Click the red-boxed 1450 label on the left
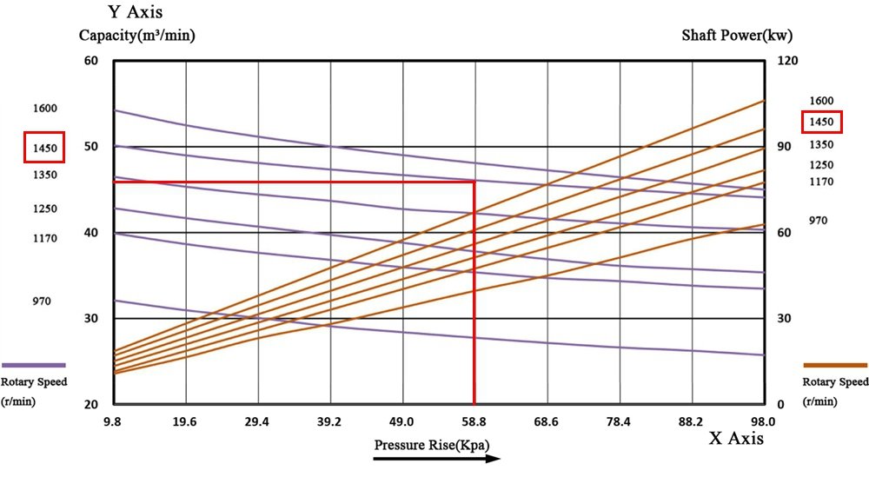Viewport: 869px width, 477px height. pyautogui.click(x=45, y=149)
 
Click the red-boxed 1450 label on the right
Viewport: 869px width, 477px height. pyautogui.click(x=821, y=123)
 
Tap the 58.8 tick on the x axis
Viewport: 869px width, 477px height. pyautogui.click(x=474, y=421)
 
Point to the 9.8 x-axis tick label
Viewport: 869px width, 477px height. pyautogui.click(x=113, y=421)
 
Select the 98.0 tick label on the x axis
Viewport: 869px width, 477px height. pyautogui.click(x=763, y=421)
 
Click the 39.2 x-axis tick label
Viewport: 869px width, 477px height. pyautogui.click(x=329, y=421)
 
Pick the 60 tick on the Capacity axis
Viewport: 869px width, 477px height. pyautogui.click(x=91, y=61)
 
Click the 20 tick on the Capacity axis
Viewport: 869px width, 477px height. pyautogui.click(x=91, y=405)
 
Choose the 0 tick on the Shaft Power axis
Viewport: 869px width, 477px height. pyautogui.click(x=779, y=405)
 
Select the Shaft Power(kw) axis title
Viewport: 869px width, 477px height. pyautogui.click(x=737, y=36)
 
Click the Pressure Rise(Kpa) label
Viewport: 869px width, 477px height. pyautogui.click(x=432, y=445)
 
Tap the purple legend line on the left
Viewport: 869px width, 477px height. pyautogui.click(x=34, y=366)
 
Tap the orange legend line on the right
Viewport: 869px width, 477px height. pyautogui.click(x=835, y=366)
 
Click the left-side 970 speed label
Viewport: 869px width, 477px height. pyautogui.click(x=41, y=301)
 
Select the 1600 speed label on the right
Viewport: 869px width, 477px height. pyautogui.click(x=821, y=101)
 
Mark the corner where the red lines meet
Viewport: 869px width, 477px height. pyautogui.click(x=474, y=182)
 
